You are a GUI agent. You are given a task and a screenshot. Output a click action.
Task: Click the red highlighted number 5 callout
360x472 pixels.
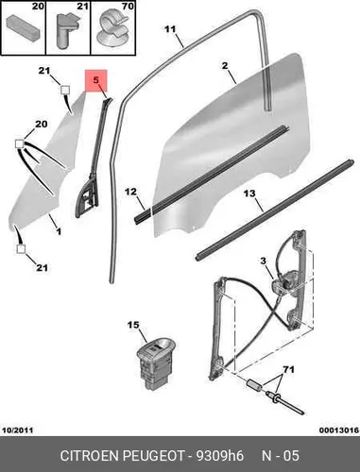point(96,80)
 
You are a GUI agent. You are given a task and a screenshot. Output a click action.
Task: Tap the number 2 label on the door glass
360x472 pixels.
point(225,66)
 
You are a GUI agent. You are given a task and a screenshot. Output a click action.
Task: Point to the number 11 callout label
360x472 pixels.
point(170,29)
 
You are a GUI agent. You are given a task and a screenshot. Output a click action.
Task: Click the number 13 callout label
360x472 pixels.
point(249,194)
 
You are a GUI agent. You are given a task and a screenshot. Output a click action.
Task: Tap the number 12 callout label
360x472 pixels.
point(130,192)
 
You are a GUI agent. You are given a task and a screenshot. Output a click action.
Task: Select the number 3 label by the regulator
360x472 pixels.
point(263,261)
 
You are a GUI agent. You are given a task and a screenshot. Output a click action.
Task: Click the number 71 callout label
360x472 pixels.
point(288,369)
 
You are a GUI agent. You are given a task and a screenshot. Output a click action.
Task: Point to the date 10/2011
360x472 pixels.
point(18,430)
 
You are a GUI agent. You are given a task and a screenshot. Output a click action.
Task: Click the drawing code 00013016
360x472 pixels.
point(339,430)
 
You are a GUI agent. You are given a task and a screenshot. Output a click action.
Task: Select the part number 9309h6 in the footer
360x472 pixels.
point(220,456)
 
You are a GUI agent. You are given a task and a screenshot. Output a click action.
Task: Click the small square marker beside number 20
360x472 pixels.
point(20,143)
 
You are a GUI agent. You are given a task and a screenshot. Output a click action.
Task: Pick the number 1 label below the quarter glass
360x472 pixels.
point(59,232)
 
